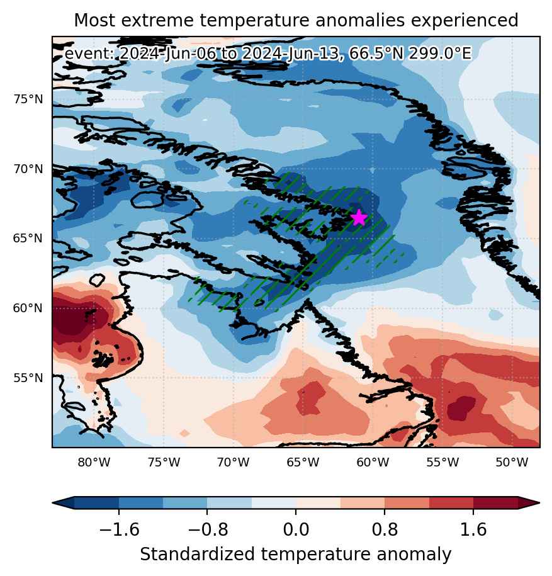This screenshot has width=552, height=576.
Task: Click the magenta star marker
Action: coord(359,218)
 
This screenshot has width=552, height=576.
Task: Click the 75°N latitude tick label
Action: coord(28,99)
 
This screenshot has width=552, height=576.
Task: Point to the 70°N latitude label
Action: coord(28,169)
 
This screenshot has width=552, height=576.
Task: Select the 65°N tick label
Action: coord(28,239)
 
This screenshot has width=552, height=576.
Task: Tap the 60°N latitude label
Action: coord(28,308)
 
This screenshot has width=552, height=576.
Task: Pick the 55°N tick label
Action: coord(28,378)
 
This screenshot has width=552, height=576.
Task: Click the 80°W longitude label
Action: coord(94,462)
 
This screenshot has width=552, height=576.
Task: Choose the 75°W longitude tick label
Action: coord(164,462)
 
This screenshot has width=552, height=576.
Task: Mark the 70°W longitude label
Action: coord(234,462)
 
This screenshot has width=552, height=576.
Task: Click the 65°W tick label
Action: coord(303,462)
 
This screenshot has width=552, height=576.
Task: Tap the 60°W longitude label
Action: coord(373,462)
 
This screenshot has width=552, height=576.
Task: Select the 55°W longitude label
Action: coord(442,462)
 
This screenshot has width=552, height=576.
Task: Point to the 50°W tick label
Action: coord(512,462)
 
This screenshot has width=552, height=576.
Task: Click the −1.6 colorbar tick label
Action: coord(119,529)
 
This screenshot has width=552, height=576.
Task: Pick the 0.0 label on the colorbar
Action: coord(296,529)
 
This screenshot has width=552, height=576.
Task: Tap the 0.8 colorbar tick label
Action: coord(385,529)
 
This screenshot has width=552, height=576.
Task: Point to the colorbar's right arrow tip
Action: coord(539,502)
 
